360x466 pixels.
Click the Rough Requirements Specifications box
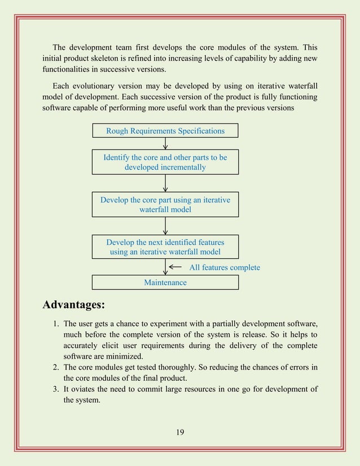[165, 131]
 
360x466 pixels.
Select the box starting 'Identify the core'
[165, 162]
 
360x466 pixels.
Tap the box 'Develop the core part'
[165, 204]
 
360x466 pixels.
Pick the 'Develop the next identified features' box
[165, 247]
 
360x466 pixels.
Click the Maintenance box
[165, 282]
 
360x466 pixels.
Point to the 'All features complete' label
[224, 267]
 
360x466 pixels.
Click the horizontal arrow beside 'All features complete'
[175, 267]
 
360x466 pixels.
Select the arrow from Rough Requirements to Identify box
[165, 143]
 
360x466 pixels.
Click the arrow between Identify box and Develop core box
[165, 183]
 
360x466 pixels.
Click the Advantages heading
[74, 305]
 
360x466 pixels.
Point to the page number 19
[180, 432]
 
